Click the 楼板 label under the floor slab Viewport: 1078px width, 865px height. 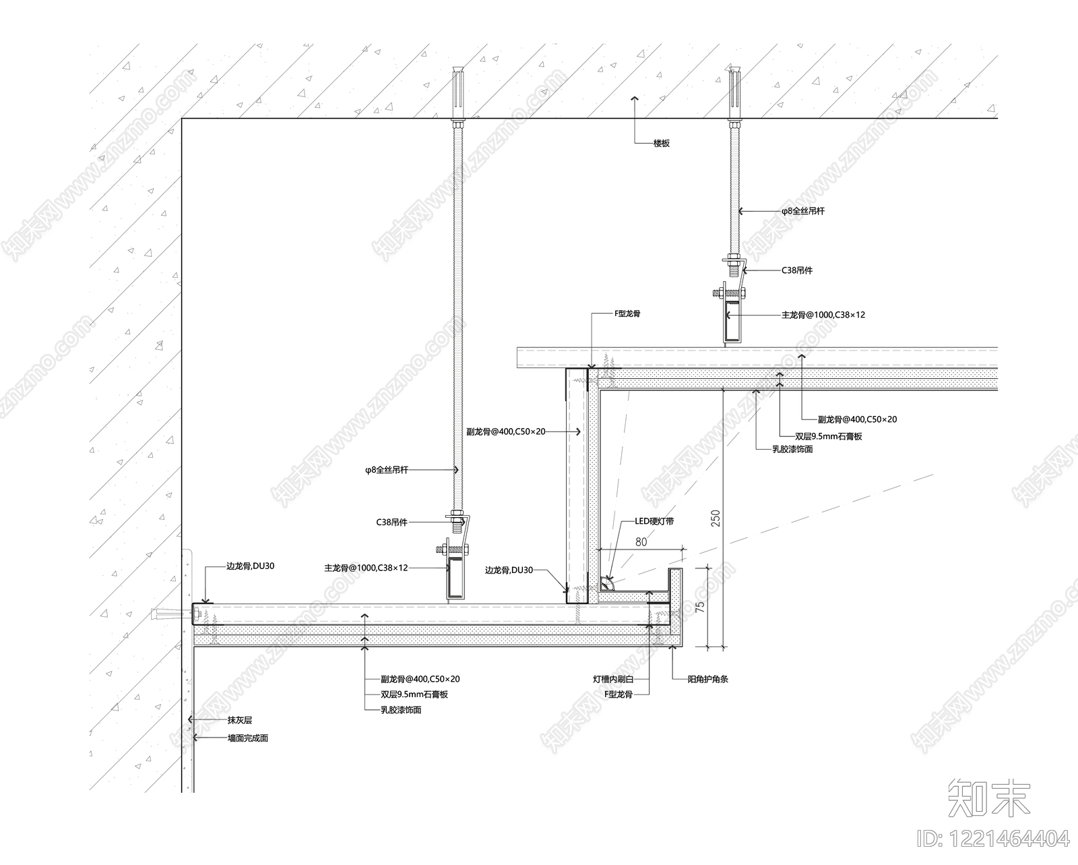[661, 144]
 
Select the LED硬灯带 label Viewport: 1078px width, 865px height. [654, 521]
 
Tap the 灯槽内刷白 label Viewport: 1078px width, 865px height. [613, 680]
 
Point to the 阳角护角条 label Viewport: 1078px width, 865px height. [708, 680]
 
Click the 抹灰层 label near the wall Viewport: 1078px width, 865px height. [239, 720]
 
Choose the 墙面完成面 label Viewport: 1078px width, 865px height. [248, 738]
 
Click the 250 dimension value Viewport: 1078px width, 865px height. [716, 518]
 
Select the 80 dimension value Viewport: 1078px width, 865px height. [641, 542]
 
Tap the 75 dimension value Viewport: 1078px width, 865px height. [700, 605]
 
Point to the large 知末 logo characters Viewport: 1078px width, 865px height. [989, 798]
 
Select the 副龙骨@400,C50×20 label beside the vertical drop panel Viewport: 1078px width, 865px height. [506, 431]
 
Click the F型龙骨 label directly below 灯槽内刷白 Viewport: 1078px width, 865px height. [618, 694]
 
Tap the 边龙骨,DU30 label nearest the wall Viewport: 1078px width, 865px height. [251, 566]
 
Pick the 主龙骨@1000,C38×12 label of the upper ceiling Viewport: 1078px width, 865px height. [823, 315]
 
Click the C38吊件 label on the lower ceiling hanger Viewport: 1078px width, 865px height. [391, 522]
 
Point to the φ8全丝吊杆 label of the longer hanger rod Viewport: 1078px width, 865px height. [387, 470]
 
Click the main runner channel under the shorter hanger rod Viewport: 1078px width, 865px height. [732, 320]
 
